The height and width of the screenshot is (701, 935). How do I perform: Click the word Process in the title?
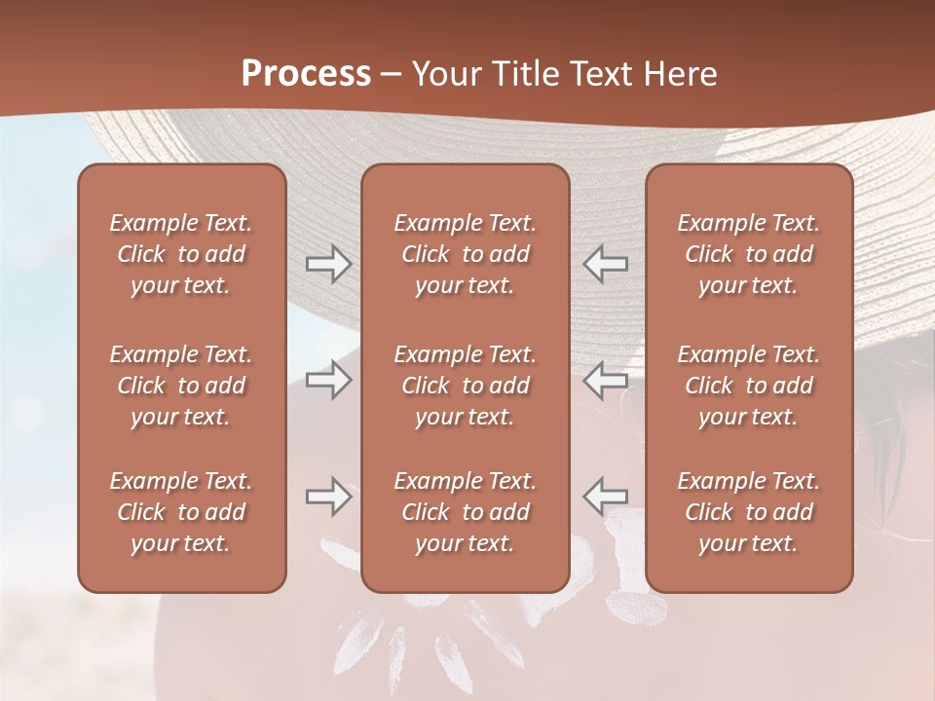[x=306, y=74]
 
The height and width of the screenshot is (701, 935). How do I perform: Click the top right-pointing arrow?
[x=328, y=264]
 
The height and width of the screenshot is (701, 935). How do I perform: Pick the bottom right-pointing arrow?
[x=328, y=497]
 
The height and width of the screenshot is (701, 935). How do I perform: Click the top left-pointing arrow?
[x=605, y=264]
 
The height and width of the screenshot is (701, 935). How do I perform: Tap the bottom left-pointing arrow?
[x=605, y=497]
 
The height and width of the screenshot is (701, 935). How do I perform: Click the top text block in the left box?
[x=181, y=254]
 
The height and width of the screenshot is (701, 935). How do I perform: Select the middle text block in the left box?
[x=181, y=386]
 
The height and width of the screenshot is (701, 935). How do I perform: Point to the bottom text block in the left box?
[x=181, y=512]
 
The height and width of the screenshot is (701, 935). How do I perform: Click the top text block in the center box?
[x=465, y=254]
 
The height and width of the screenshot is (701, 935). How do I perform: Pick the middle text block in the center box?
[x=465, y=386]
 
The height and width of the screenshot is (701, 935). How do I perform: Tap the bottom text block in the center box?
[x=465, y=512]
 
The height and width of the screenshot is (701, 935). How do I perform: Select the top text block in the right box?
[x=748, y=254]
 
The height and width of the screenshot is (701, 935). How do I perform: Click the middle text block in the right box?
[x=748, y=386]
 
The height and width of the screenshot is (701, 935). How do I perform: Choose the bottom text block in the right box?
[x=748, y=512]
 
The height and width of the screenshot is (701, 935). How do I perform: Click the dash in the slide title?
[x=392, y=75]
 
